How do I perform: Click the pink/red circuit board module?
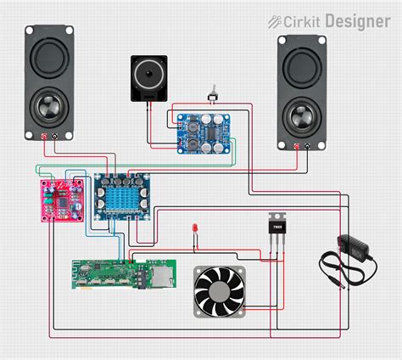[x=59, y=200]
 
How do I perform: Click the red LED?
[x=196, y=229]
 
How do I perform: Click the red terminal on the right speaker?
[x=296, y=146]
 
